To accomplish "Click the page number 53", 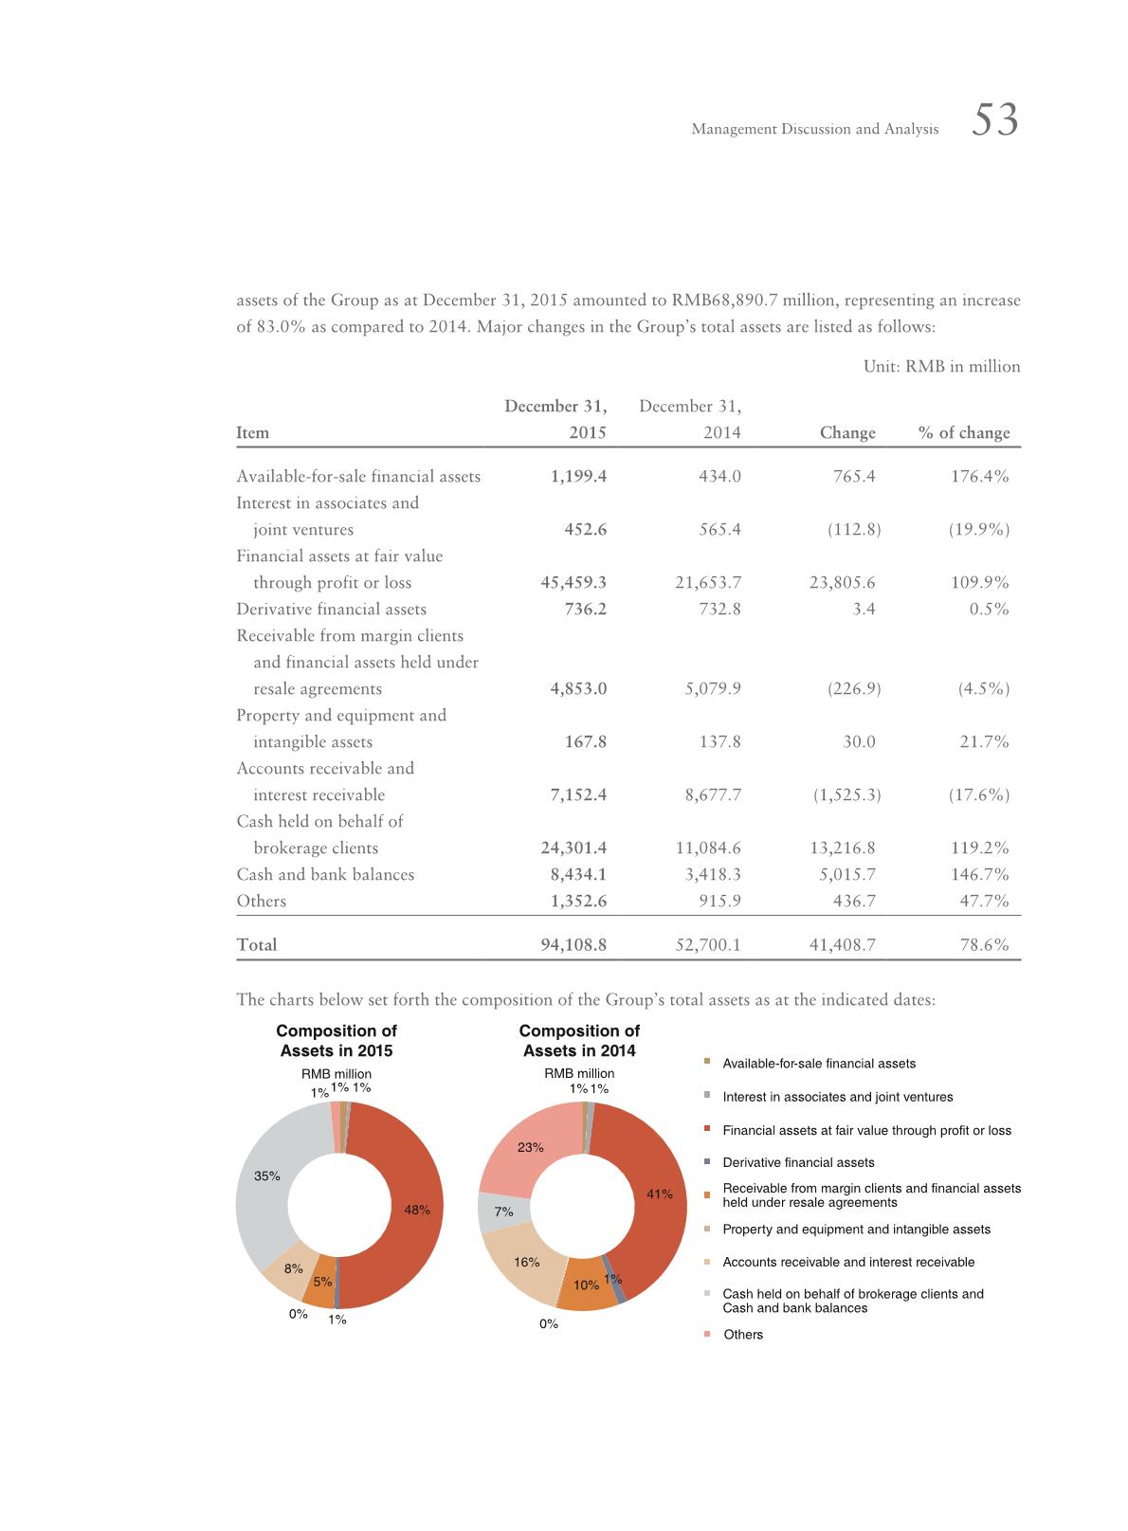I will coord(994,121).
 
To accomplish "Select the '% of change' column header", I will coord(964,433).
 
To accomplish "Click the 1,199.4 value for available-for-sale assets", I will coord(578,476).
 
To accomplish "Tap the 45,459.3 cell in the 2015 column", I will coord(573,582).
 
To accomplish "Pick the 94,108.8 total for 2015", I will coord(573,944).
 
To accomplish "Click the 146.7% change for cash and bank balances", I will coord(979,874).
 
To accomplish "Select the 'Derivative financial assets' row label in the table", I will coord(331,609).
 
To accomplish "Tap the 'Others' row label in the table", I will coord(261,901).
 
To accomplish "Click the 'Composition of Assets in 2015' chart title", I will coord(337,1040).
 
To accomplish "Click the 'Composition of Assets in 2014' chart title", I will coord(579,1040).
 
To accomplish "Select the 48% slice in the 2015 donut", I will coord(408,1204).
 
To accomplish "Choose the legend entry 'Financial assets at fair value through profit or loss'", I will coord(865,1130).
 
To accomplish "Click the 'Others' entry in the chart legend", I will coord(742,1335).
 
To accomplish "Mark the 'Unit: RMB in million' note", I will coord(941,366).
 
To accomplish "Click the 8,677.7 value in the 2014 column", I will coord(713,794).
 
